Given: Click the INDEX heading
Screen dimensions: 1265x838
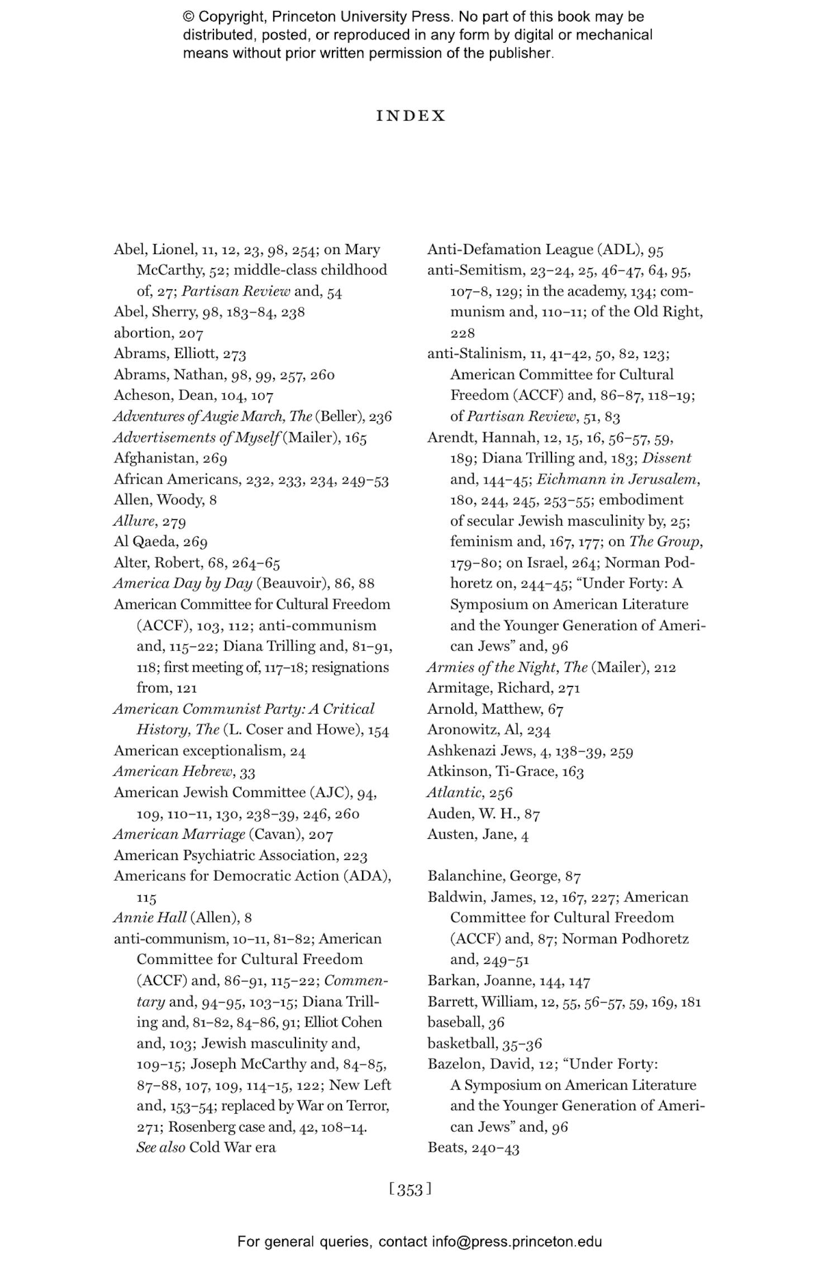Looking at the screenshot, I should [411, 116].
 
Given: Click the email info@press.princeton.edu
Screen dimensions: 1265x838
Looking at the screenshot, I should [516, 1242].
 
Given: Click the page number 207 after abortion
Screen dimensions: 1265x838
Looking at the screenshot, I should [191, 333].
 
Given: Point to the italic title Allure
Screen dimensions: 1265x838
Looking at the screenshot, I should [134, 521].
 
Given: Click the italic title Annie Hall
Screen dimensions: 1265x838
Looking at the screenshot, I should [150, 918].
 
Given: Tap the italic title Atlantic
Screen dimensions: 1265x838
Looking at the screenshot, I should [454, 793].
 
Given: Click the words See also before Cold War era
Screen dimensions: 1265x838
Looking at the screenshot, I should [160, 1148].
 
